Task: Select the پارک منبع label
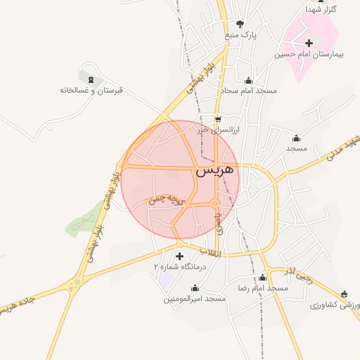click(x=242, y=34)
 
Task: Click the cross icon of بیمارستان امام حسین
click(x=309, y=43)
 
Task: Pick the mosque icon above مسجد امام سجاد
click(x=247, y=80)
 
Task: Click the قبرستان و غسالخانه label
click(x=91, y=90)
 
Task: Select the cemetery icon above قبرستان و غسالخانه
click(x=88, y=75)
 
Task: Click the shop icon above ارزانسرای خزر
click(x=217, y=119)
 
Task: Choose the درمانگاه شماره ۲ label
click(x=179, y=267)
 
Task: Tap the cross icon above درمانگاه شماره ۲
click(x=179, y=256)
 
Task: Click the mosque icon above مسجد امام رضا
click(x=263, y=277)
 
